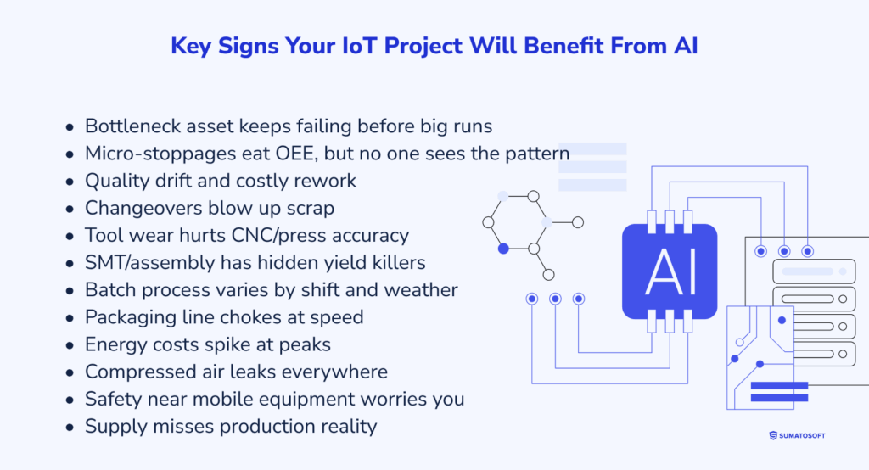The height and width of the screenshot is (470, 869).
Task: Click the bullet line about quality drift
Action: [x=221, y=181]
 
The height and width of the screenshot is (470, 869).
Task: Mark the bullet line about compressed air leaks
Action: [x=236, y=372]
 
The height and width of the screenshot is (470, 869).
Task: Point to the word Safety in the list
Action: [x=111, y=399]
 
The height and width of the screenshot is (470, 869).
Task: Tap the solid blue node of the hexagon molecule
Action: [x=503, y=249]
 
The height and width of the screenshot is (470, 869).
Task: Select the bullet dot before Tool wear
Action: [x=70, y=236]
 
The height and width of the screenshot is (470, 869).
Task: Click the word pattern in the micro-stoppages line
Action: [x=537, y=154]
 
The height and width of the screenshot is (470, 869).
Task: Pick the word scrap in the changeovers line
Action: [x=310, y=208]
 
